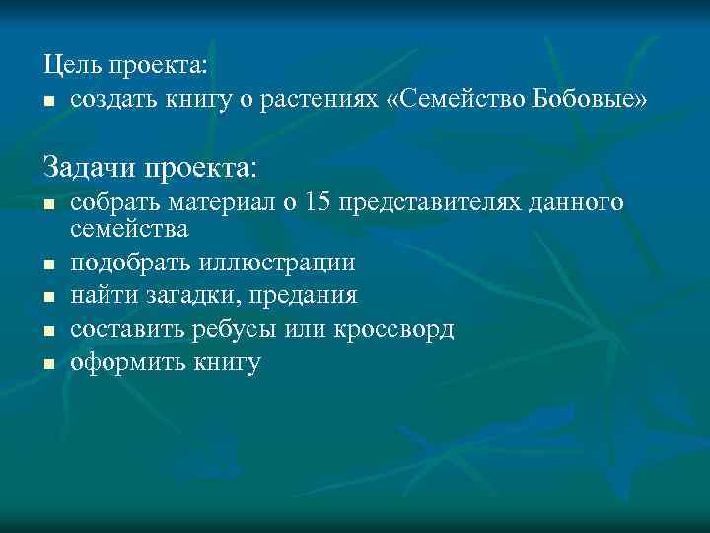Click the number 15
point(318,202)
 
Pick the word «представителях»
point(434,202)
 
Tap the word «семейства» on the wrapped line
point(129,230)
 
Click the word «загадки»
point(185,296)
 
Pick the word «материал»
point(220,202)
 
